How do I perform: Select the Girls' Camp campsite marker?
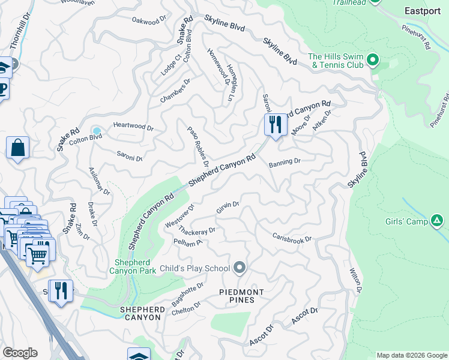coord(437,221)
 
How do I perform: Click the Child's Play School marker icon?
coord(240,268)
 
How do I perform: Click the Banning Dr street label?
coord(284,163)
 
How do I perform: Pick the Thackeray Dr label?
coord(196,231)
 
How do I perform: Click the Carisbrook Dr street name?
coord(292,238)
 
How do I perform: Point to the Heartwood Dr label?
coord(134,128)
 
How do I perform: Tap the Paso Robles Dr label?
coord(198,146)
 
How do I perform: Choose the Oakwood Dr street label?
coord(149,21)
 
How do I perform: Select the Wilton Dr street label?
coord(355,281)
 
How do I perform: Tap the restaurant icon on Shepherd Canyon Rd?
coord(275,125)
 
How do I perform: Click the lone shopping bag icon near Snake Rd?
coord(18,148)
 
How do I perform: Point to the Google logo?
coord(20,352)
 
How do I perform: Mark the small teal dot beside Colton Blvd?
coord(97,131)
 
